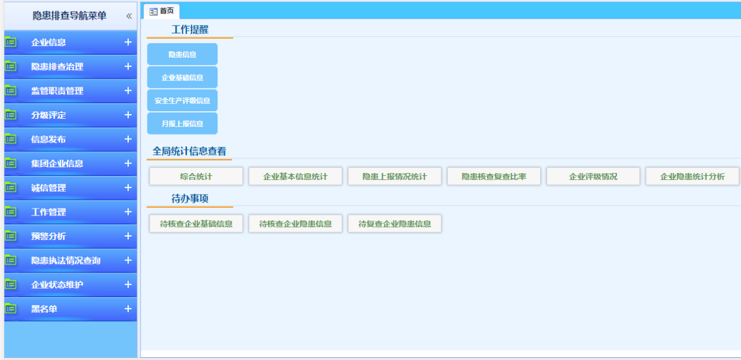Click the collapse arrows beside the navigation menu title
(x=129, y=16)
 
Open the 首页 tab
(x=162, y=11)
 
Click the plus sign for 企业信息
(x=128, y=42)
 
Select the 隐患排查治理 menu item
(x=57, y=66)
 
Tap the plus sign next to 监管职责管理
(x=128, y=91)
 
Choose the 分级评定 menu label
(x=48, y=115)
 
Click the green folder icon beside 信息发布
(x=10, y=139)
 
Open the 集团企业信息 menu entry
(x=57, y=164)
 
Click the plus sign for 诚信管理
(x=128, y=188)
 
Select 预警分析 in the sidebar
(x=48, y=237)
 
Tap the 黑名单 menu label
(x=44, y=309)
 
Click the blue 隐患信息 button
(x=182, y=54)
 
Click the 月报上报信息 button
(x=182, y=123)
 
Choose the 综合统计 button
(x=196, y=177)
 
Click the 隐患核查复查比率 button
(x=494, y=177)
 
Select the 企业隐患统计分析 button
(x=693, y=177)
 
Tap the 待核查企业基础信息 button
(x=196, y=224)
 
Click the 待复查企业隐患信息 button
(x=394, y=224)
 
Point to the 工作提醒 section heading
(x=190, y=30)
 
